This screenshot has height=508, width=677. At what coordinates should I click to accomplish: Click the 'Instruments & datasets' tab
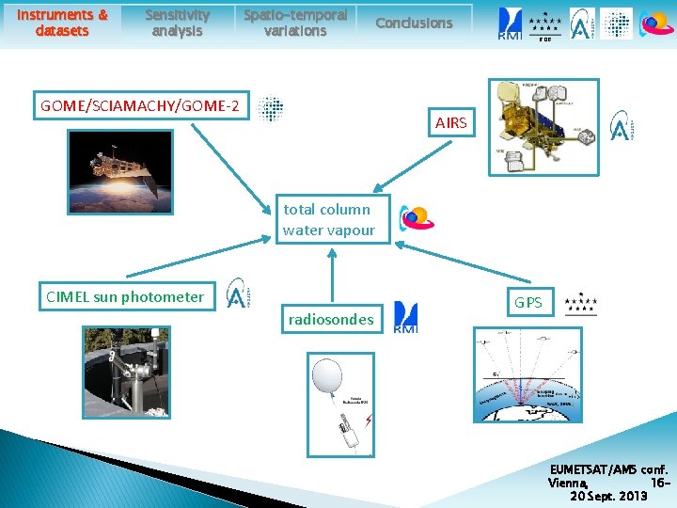point(63,23)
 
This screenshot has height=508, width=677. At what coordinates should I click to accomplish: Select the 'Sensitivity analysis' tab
point(177,23)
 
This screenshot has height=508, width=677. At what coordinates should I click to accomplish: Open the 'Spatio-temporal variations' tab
point(295,23)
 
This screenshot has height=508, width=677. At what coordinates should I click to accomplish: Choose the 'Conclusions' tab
point(414,23)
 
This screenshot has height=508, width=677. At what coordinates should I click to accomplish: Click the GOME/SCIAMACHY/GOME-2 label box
point(139,105)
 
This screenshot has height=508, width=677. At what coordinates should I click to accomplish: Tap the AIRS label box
point(450,123)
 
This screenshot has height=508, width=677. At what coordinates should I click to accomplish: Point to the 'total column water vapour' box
point(329,219)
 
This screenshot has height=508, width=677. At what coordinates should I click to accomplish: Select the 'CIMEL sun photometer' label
point(125,297)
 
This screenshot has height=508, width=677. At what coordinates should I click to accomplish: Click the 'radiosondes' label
point(331,320)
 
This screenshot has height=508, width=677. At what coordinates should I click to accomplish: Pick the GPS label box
point(527,303)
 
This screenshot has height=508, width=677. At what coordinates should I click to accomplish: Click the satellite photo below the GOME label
point(120,171)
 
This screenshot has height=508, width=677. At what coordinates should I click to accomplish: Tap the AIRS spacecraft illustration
point(543,127)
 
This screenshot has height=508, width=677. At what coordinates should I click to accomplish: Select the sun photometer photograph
point(125,372)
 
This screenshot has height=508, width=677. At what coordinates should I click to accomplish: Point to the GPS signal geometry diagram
point(514,374)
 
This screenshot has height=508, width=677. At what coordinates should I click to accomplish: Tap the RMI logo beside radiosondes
point(405,317)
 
